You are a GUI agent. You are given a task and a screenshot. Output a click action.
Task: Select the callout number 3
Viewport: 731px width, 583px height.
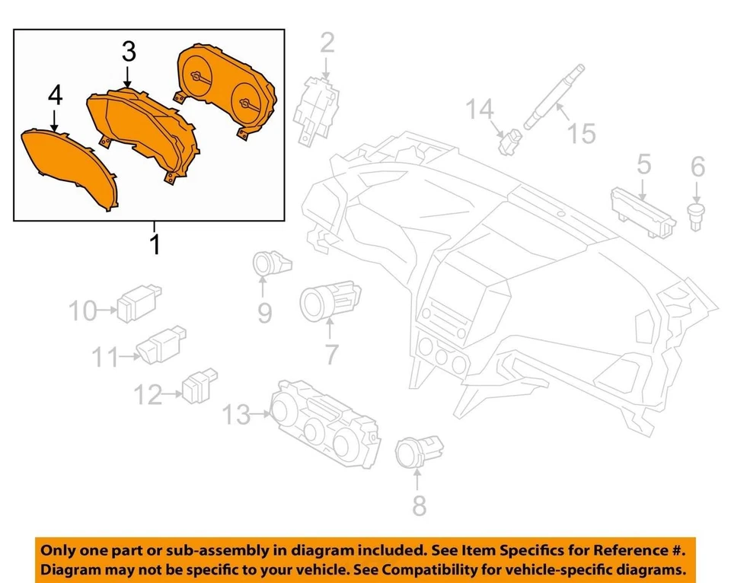[x=129, y=52]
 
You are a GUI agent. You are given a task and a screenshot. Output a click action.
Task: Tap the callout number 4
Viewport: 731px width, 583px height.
[x=55, y=95]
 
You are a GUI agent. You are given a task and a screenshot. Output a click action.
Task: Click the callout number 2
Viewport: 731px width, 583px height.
[x=327, y=43]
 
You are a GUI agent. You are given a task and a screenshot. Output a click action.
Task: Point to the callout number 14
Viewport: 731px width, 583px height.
[x=480, y=110]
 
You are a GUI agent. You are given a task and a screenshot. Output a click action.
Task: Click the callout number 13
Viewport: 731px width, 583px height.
[x=237, y=416]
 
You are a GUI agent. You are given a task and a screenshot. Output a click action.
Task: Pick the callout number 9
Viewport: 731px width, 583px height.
[x=263, y=312]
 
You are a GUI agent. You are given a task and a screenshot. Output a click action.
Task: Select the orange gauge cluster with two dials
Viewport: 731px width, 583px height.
[x=227, y=90]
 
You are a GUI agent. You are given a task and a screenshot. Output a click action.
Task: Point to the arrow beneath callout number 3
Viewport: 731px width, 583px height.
[x=128, y=78]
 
